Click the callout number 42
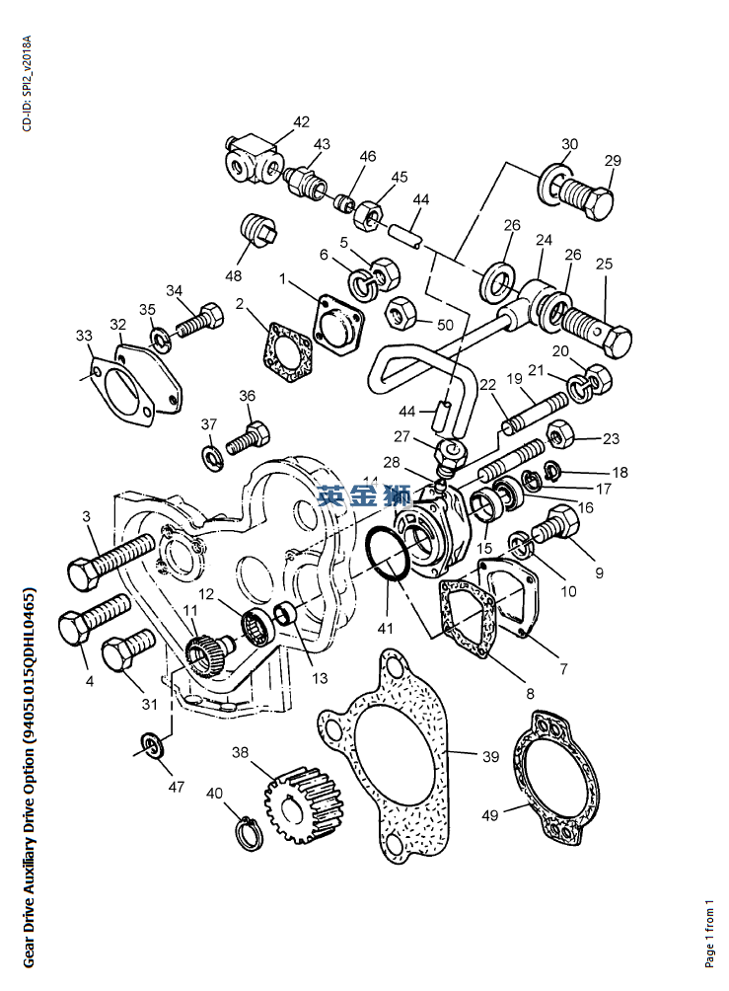tap(301, 122)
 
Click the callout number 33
tap(83, 336)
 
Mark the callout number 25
tap(604, 264)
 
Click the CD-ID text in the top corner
tap(28, 84)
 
